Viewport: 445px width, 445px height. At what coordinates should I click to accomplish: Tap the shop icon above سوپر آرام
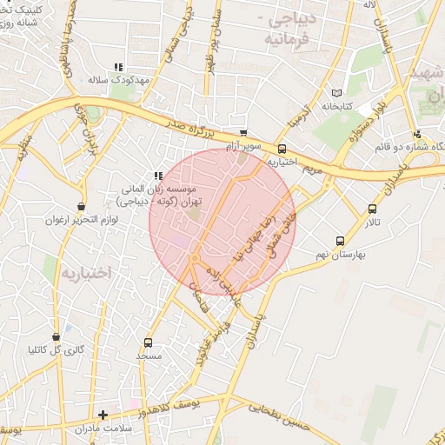pyautogui.click(x=242, y=134)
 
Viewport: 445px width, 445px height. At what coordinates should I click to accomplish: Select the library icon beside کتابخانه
pyautogui.click(x=338, y=93)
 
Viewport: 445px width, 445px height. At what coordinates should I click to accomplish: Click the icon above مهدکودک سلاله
pyautogui.click(x=119, y=67)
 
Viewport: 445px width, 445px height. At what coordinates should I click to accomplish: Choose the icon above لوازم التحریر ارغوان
pyautogui.click(x=81, y=207)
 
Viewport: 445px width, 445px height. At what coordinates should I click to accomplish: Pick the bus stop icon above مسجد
pyautogui.click(x=148, y=342)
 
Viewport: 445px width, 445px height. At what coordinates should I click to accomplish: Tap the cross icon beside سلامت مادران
pyautogui.click(x=103, y=415)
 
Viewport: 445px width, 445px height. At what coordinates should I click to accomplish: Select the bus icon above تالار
pyautogui.click(x=373, y=209)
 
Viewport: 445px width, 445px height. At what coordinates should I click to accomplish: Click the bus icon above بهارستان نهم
pyautogui.click(x=340, y=241)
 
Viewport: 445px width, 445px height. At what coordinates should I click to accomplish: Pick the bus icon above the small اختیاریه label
pyautogui.click(x=282, y=149)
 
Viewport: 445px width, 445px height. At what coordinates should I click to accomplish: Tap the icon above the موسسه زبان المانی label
pyautogui.click(x=158, y=176)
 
